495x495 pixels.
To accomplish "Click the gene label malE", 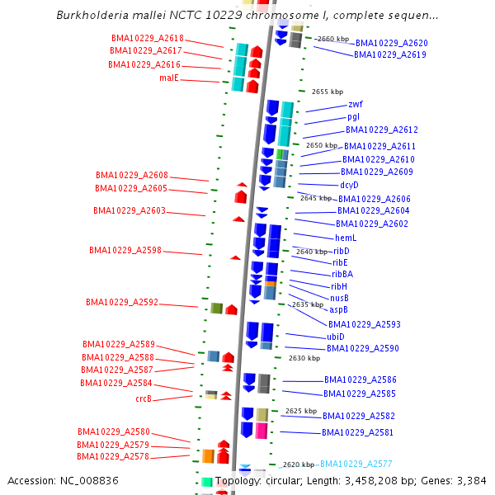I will pos(169,78).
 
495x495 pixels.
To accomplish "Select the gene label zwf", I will pos(356,105).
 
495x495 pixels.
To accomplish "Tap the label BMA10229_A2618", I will pos(148,39).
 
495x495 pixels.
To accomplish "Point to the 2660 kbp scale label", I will pos(334,39).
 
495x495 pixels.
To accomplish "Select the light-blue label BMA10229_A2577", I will pos(356,464).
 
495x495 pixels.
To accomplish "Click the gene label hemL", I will pos(346,238).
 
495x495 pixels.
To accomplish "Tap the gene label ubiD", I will pos(336,337).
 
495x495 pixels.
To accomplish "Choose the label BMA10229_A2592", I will pos(122,303).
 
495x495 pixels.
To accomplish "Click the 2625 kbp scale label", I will pos(301,411).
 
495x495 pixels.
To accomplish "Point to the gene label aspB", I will pos(339,309).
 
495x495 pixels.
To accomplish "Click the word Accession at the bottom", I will pos(31,481).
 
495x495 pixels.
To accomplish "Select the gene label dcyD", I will pos(350,185).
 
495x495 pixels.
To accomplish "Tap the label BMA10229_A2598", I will pos(125,251).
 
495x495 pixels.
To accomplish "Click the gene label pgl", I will pos(353,117).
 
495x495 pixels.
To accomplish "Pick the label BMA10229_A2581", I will pos(358,432).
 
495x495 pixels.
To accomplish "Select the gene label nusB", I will pos(339,298).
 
